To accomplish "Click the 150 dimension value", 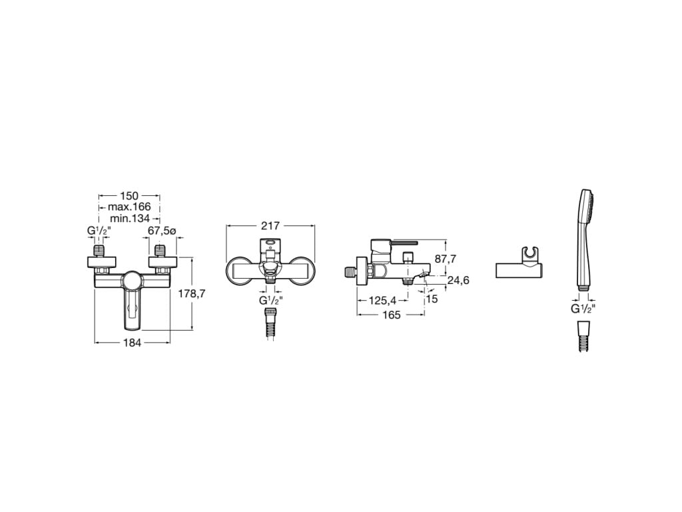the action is click(x=129, y=196).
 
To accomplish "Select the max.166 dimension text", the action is click(x=129, y=207).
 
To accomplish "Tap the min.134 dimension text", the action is click(x=130, y=218).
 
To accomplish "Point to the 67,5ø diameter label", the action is click(x=161, y=231).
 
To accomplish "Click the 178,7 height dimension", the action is click(x=191, y=293).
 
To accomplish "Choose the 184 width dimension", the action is click(x=133, y=343).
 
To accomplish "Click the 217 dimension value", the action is click(x=270, y=226).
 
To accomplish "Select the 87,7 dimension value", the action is click(x=446, y=259).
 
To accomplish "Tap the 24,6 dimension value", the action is click(x=458, y=280).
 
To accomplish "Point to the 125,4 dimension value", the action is click(x=383, y=301).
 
